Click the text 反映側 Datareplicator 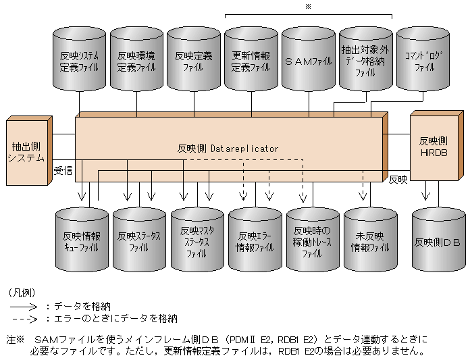pyautogui.click(x=228, y=148)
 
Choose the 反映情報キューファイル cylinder pyautogui.click(x=81, y=241)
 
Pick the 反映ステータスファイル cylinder pyautogui.click(x=138, y=241)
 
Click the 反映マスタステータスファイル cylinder pyautogui.click(x=197, y=241)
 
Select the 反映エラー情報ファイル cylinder pyautogui.click(x=255, y=241)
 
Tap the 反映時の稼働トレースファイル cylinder pyautogui.click(x=312, y=241)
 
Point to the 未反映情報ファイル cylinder pyautogui.click(x=370, y=241)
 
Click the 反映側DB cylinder pyautogui.click(x=438, y=241)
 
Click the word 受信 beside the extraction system pyautogui.click(x=63, y=170)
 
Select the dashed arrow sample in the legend pyautogui.click(x=24, y=318)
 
